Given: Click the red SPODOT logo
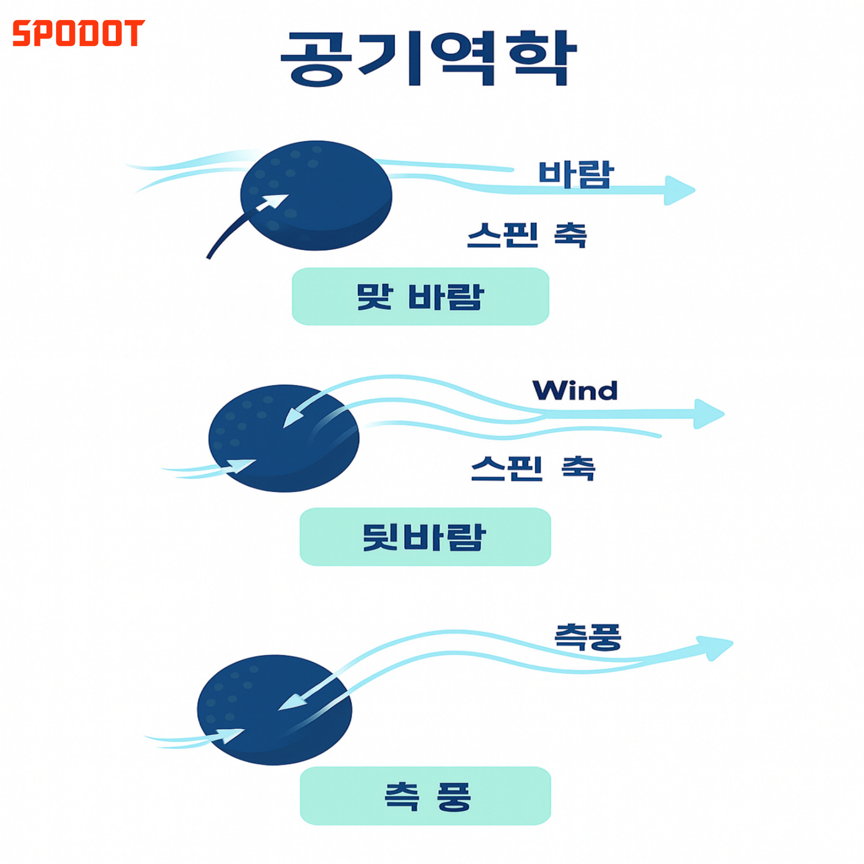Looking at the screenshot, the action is [78, 33].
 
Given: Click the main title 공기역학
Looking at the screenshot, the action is [429, 59].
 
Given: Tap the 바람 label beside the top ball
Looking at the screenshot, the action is [576, 174].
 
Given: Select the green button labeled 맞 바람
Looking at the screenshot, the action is [420, 296].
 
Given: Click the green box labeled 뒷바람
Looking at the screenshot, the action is [425, 536].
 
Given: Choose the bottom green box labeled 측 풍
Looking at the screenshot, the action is [425, 796].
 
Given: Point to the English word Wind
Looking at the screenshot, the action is [575, 391].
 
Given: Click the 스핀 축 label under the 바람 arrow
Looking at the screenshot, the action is [526, 235].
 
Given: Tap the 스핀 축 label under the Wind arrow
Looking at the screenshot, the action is [533, 469].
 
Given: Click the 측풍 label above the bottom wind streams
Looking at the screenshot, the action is [588, 637].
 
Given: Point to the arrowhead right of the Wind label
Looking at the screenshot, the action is [708, 413].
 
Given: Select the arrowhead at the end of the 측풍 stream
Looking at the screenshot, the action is [716, 647].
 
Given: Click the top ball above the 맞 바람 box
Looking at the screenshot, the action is [316, 195].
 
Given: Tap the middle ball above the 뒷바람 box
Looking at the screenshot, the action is [284, 438].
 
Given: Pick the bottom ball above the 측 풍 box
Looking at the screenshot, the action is [274, 710].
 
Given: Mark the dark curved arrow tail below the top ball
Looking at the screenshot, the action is [222, 238].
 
